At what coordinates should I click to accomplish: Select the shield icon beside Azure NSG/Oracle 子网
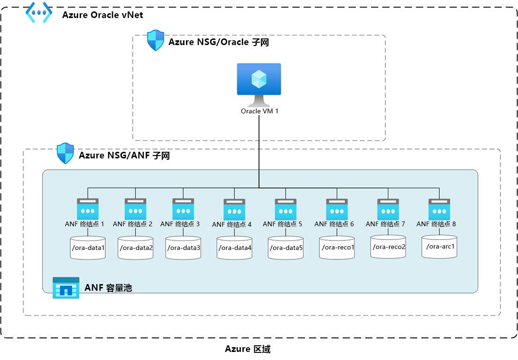[x=156, y=41]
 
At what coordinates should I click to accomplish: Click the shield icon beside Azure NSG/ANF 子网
[x=65, y=153]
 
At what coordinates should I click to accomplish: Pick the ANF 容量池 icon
[x=66, y=288]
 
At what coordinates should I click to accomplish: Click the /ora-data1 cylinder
[x=88, y=248]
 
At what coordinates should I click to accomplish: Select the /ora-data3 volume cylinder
[x=183, y=248]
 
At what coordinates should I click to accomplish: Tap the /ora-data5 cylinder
[x=286, y=248]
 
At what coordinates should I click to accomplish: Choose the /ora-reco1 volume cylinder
[x=337, y=248]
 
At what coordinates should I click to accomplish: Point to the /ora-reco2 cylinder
[x=388, y=247]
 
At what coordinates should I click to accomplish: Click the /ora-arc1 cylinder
[x=440, y=246]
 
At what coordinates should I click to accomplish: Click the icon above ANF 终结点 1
[x=88, y=209]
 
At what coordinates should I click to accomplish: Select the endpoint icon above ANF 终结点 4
[x=234, y=209]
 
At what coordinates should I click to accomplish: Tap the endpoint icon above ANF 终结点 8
[x=439, y=209]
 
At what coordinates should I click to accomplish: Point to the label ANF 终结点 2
[x=133, y=223]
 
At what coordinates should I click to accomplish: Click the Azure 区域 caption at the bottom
[x=248, y=350]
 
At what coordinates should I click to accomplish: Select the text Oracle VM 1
[x=259, y=111]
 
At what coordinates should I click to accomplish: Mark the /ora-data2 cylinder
[x=136, y=248]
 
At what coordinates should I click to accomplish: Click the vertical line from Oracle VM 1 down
[x=259, y=152]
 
